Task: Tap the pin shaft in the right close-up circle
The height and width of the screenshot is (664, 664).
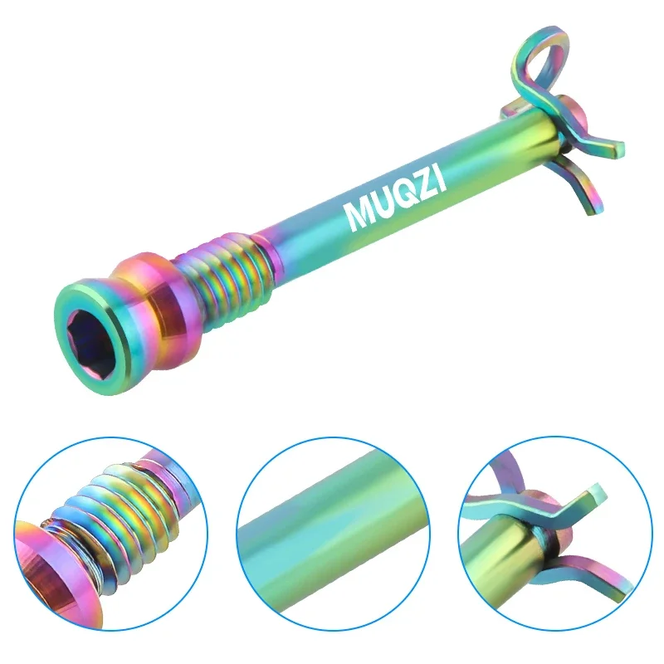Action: (506, 573)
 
